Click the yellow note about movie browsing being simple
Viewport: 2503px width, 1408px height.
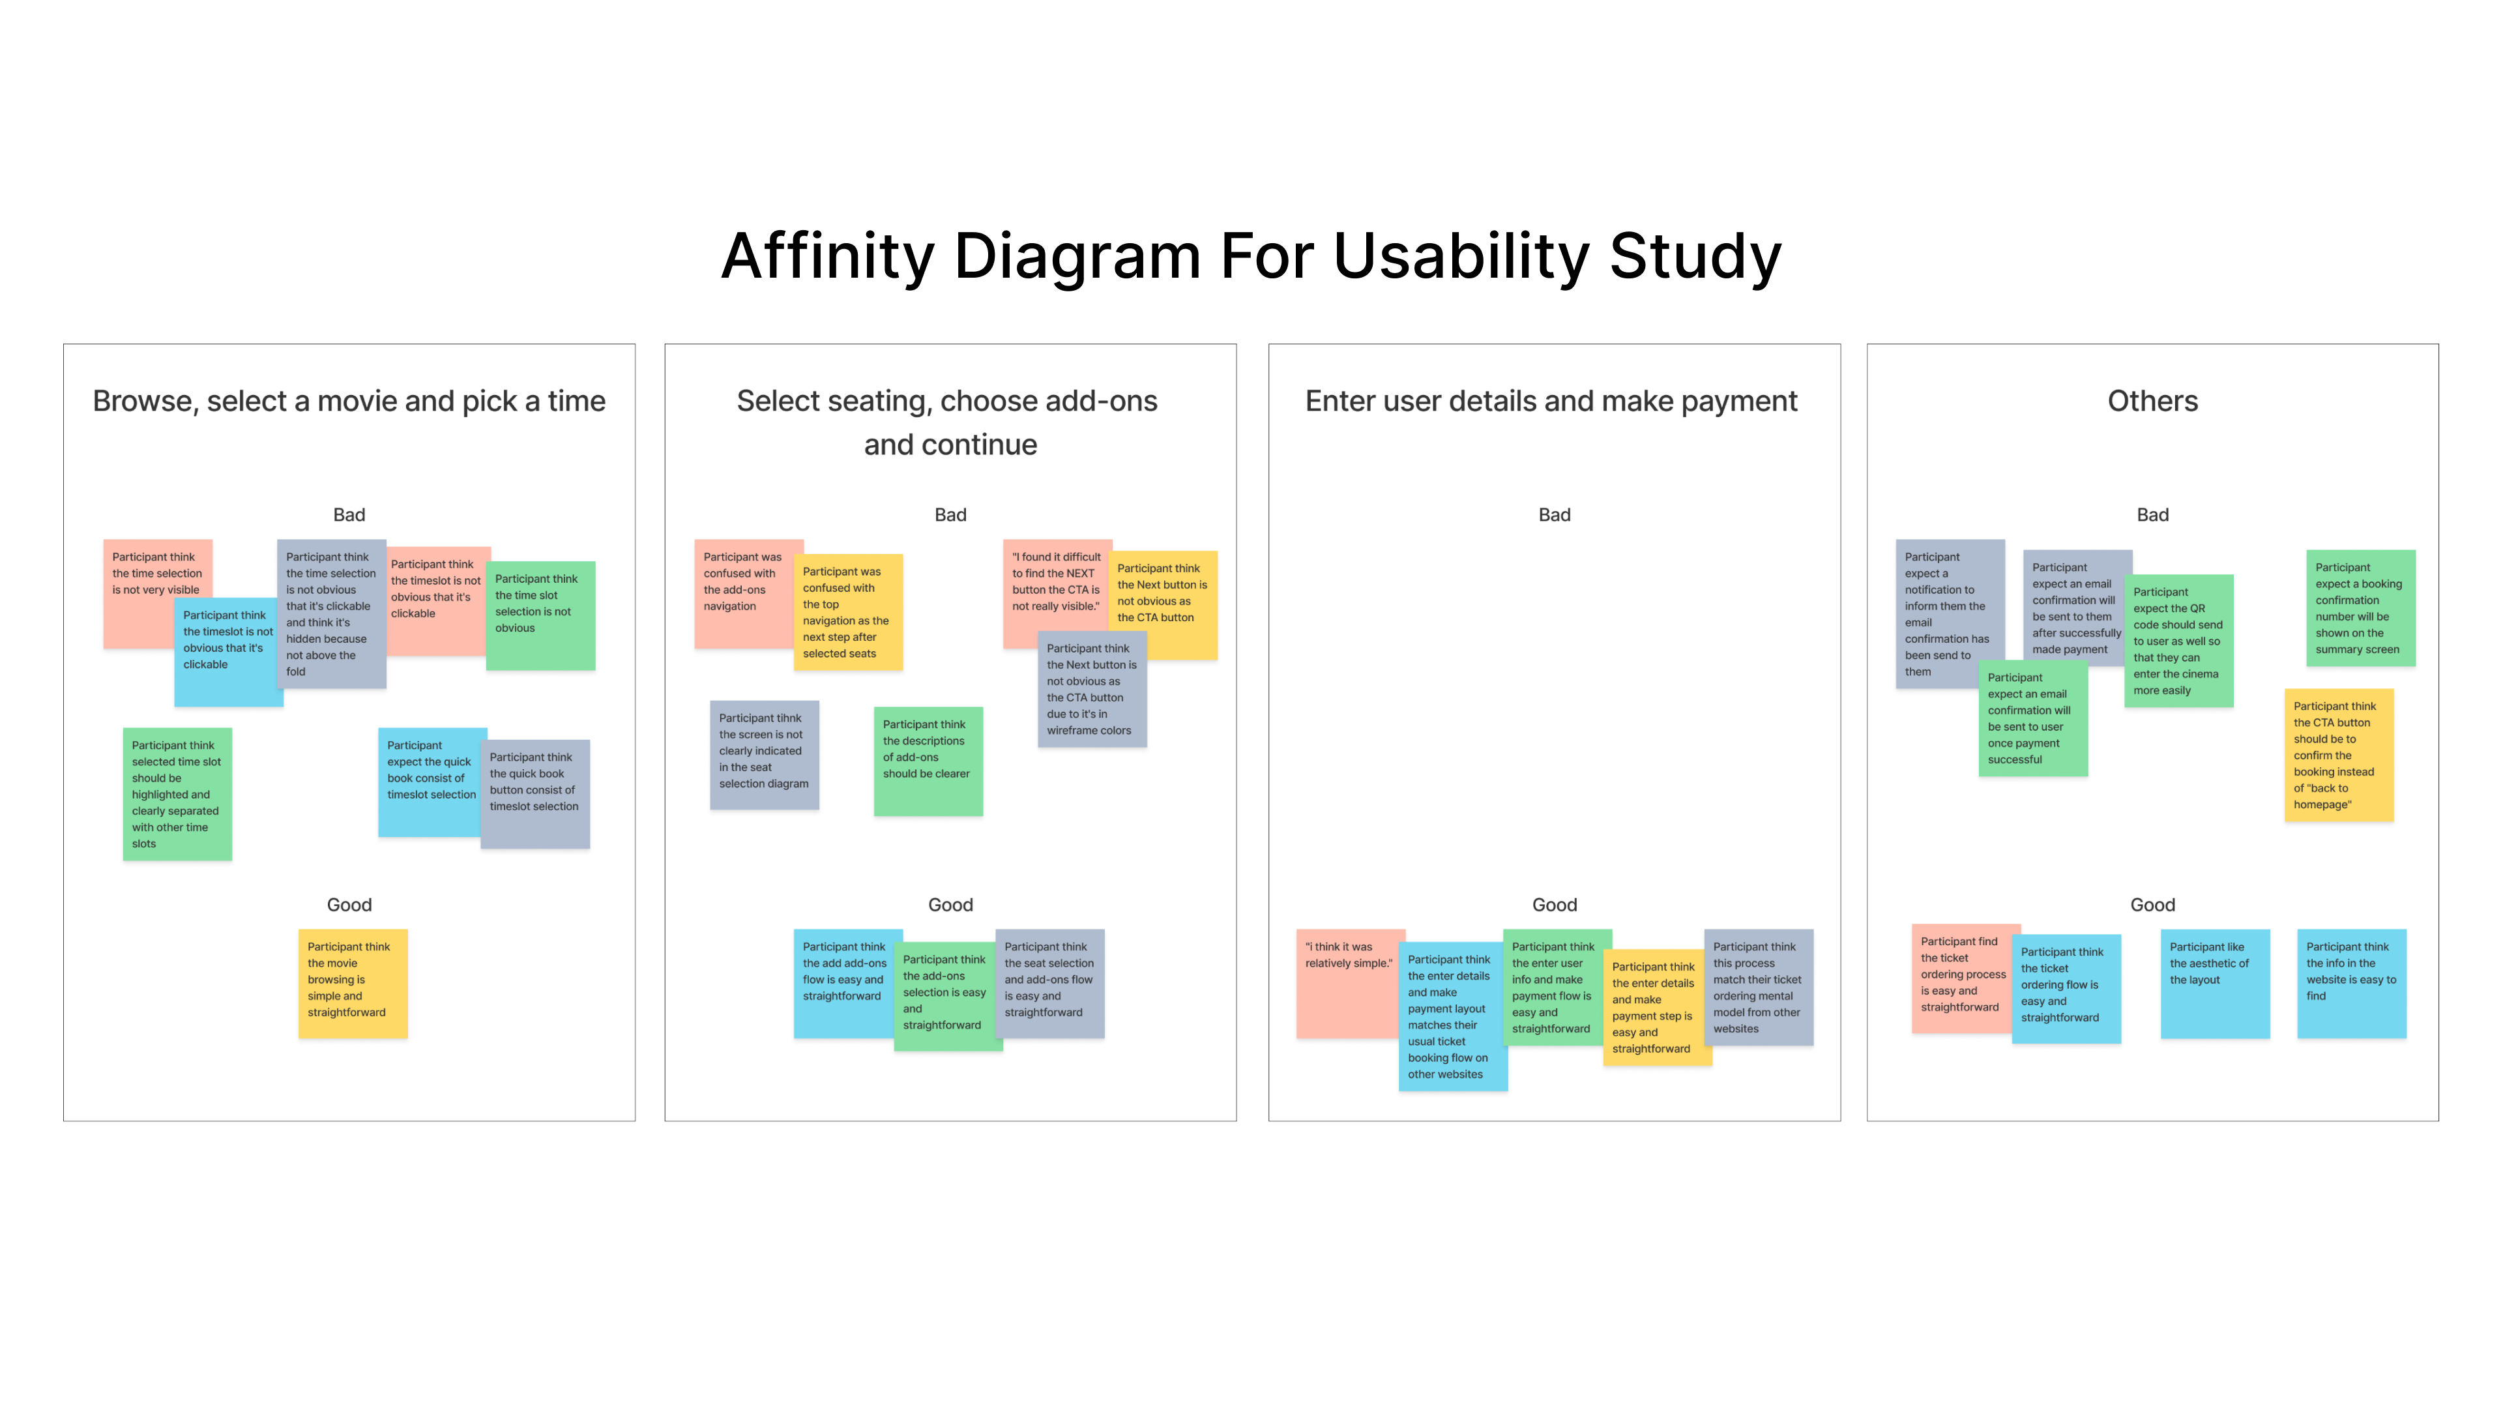pyautogui.click(x=353, y=984)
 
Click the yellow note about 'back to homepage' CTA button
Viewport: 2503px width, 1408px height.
pyautogui.click(x=2338, y=755)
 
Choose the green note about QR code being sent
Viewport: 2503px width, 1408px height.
pyautogui.click(x=2178, y=641)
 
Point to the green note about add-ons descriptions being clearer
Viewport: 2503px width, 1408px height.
pyautogui.click(x=928, y=761)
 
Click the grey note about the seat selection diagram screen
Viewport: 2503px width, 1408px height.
pyautogui.click(x=764, y=755)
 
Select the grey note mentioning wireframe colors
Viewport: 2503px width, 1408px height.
pyautogui.click(x=1091, y=689)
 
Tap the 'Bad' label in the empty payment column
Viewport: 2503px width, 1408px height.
pyautogui.click(x=1554, y=515)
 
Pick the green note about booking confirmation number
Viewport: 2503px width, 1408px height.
pyautogui.click(x=2360, y=608)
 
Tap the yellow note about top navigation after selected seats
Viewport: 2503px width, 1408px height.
pyautogui.click(x=848, y=612)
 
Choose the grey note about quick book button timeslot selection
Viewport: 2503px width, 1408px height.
pyautogui.click(x=534, y=794)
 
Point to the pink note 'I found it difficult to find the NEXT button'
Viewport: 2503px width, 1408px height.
pyautogui.click(x=1055, y=583)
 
